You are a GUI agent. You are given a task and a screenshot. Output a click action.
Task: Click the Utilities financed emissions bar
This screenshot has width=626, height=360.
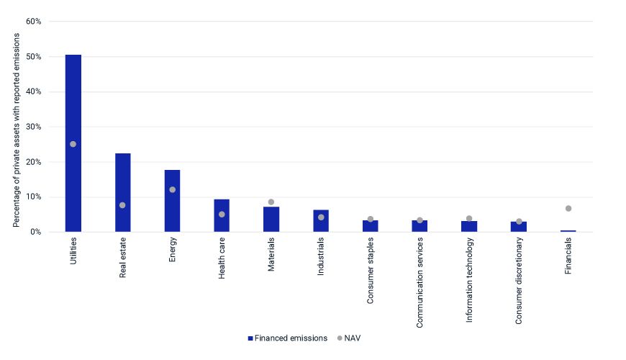73,144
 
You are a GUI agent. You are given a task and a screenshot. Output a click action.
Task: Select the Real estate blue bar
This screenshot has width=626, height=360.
122,193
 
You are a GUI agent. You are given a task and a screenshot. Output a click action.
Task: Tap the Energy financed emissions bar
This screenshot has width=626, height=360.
172,201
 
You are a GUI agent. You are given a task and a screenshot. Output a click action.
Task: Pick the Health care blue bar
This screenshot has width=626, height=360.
222,216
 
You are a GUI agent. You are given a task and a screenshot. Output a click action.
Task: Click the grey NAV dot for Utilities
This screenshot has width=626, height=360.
73,144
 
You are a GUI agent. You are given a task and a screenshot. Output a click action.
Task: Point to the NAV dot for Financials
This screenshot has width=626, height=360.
568,209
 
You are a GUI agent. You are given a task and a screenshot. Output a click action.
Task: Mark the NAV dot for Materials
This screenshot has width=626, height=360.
271,202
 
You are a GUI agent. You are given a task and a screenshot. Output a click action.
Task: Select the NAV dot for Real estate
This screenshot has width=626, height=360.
122,205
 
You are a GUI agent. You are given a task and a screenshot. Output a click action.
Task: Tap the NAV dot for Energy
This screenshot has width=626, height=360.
172,190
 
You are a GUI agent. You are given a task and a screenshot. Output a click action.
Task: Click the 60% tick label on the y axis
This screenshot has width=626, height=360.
33,22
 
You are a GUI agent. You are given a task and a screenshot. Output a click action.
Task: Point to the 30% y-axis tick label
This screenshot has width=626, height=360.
33,127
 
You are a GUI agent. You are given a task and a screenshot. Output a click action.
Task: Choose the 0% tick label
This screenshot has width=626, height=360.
35,232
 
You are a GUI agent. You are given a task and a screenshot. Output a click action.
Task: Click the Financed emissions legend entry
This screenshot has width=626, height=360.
286,338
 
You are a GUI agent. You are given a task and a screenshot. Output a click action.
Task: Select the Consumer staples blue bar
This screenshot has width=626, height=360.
370,226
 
